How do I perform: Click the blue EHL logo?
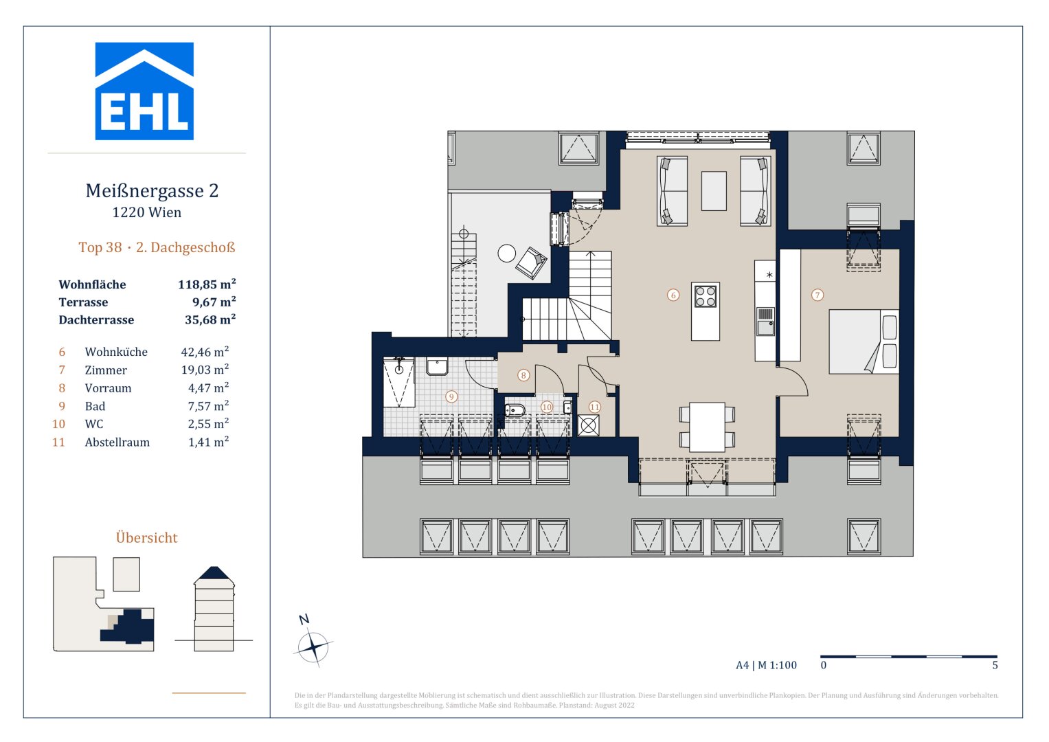144,91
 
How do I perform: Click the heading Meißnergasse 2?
152,191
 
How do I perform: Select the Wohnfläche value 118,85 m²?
207,284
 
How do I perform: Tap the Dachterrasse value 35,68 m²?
210,319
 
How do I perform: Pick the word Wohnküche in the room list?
116,352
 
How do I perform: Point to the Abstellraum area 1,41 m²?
208,442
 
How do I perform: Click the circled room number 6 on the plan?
673,295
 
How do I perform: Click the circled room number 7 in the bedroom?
817,295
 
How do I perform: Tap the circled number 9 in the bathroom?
451,396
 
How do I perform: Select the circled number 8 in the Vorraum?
523,375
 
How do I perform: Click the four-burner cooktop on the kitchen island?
706,297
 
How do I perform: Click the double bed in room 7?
864,341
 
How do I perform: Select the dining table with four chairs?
707,427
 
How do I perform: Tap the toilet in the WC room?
515,411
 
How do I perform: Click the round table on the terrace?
506,254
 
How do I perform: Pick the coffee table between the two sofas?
714,191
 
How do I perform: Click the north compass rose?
313,647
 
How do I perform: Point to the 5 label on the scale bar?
995,665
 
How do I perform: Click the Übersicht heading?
146,538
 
